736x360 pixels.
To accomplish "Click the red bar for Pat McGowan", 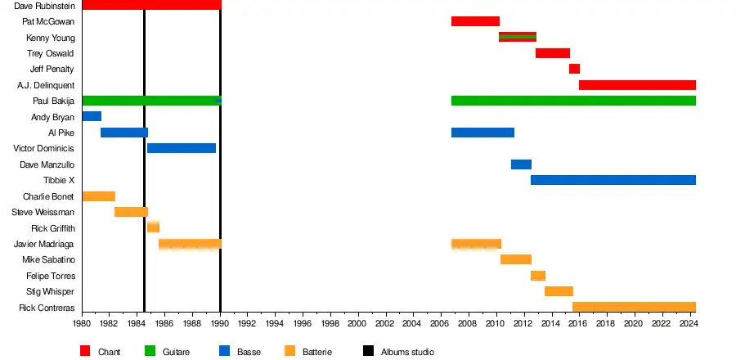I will click(475, 21).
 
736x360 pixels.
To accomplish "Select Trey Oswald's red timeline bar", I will click(553, 53).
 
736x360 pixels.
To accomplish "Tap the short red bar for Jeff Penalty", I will click(574, 69).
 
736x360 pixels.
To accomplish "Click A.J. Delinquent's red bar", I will click(637, 85).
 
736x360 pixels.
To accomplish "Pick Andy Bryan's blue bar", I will click(92, 116).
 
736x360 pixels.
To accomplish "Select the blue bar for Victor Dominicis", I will click(182, 148).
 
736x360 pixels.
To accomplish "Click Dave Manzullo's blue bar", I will click(521, 164).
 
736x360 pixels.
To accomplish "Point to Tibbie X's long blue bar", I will click(613, 180).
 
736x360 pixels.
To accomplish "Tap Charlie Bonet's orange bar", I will click(99, 196).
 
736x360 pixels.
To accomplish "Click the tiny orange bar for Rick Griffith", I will click(153, 227).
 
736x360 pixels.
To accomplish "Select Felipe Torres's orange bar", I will click(538, 276).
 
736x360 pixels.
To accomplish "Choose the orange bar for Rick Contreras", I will click(634, 308).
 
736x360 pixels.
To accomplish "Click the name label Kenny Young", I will click(51, 38).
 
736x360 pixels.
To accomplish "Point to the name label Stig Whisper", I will click(51, 292).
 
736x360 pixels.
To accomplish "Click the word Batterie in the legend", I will click(317, 352).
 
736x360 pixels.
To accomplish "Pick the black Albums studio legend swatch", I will click(368, 352).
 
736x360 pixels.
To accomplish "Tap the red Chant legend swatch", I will click(85, 352).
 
